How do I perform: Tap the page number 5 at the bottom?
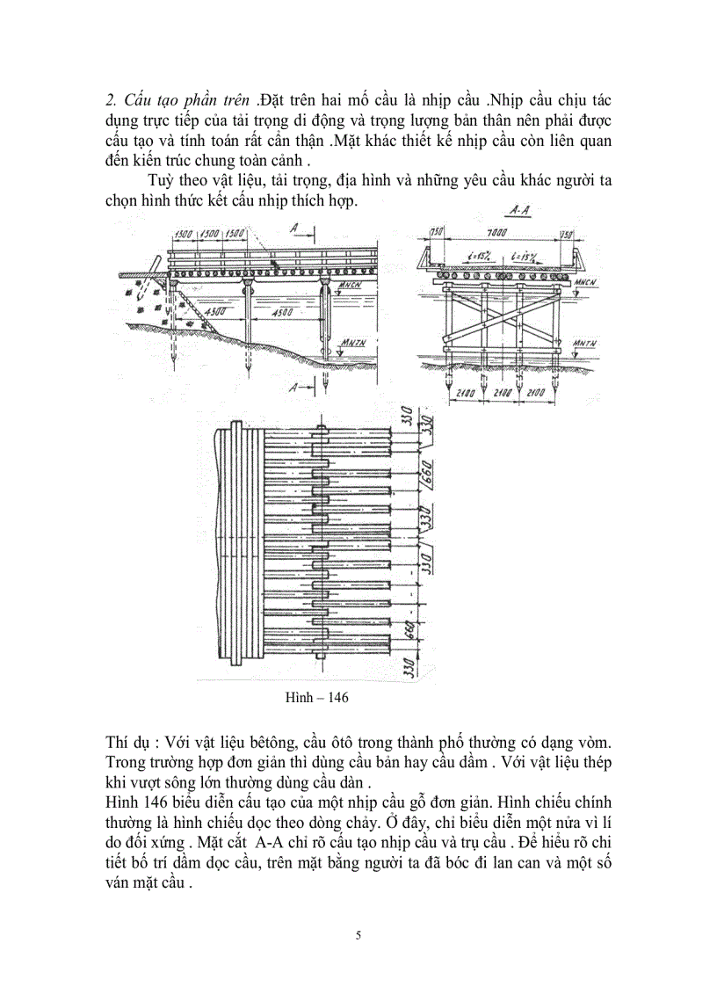click(x=358, y=934)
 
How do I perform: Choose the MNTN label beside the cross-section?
click(x=582, y=340)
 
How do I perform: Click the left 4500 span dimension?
click(x=214, y=311)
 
